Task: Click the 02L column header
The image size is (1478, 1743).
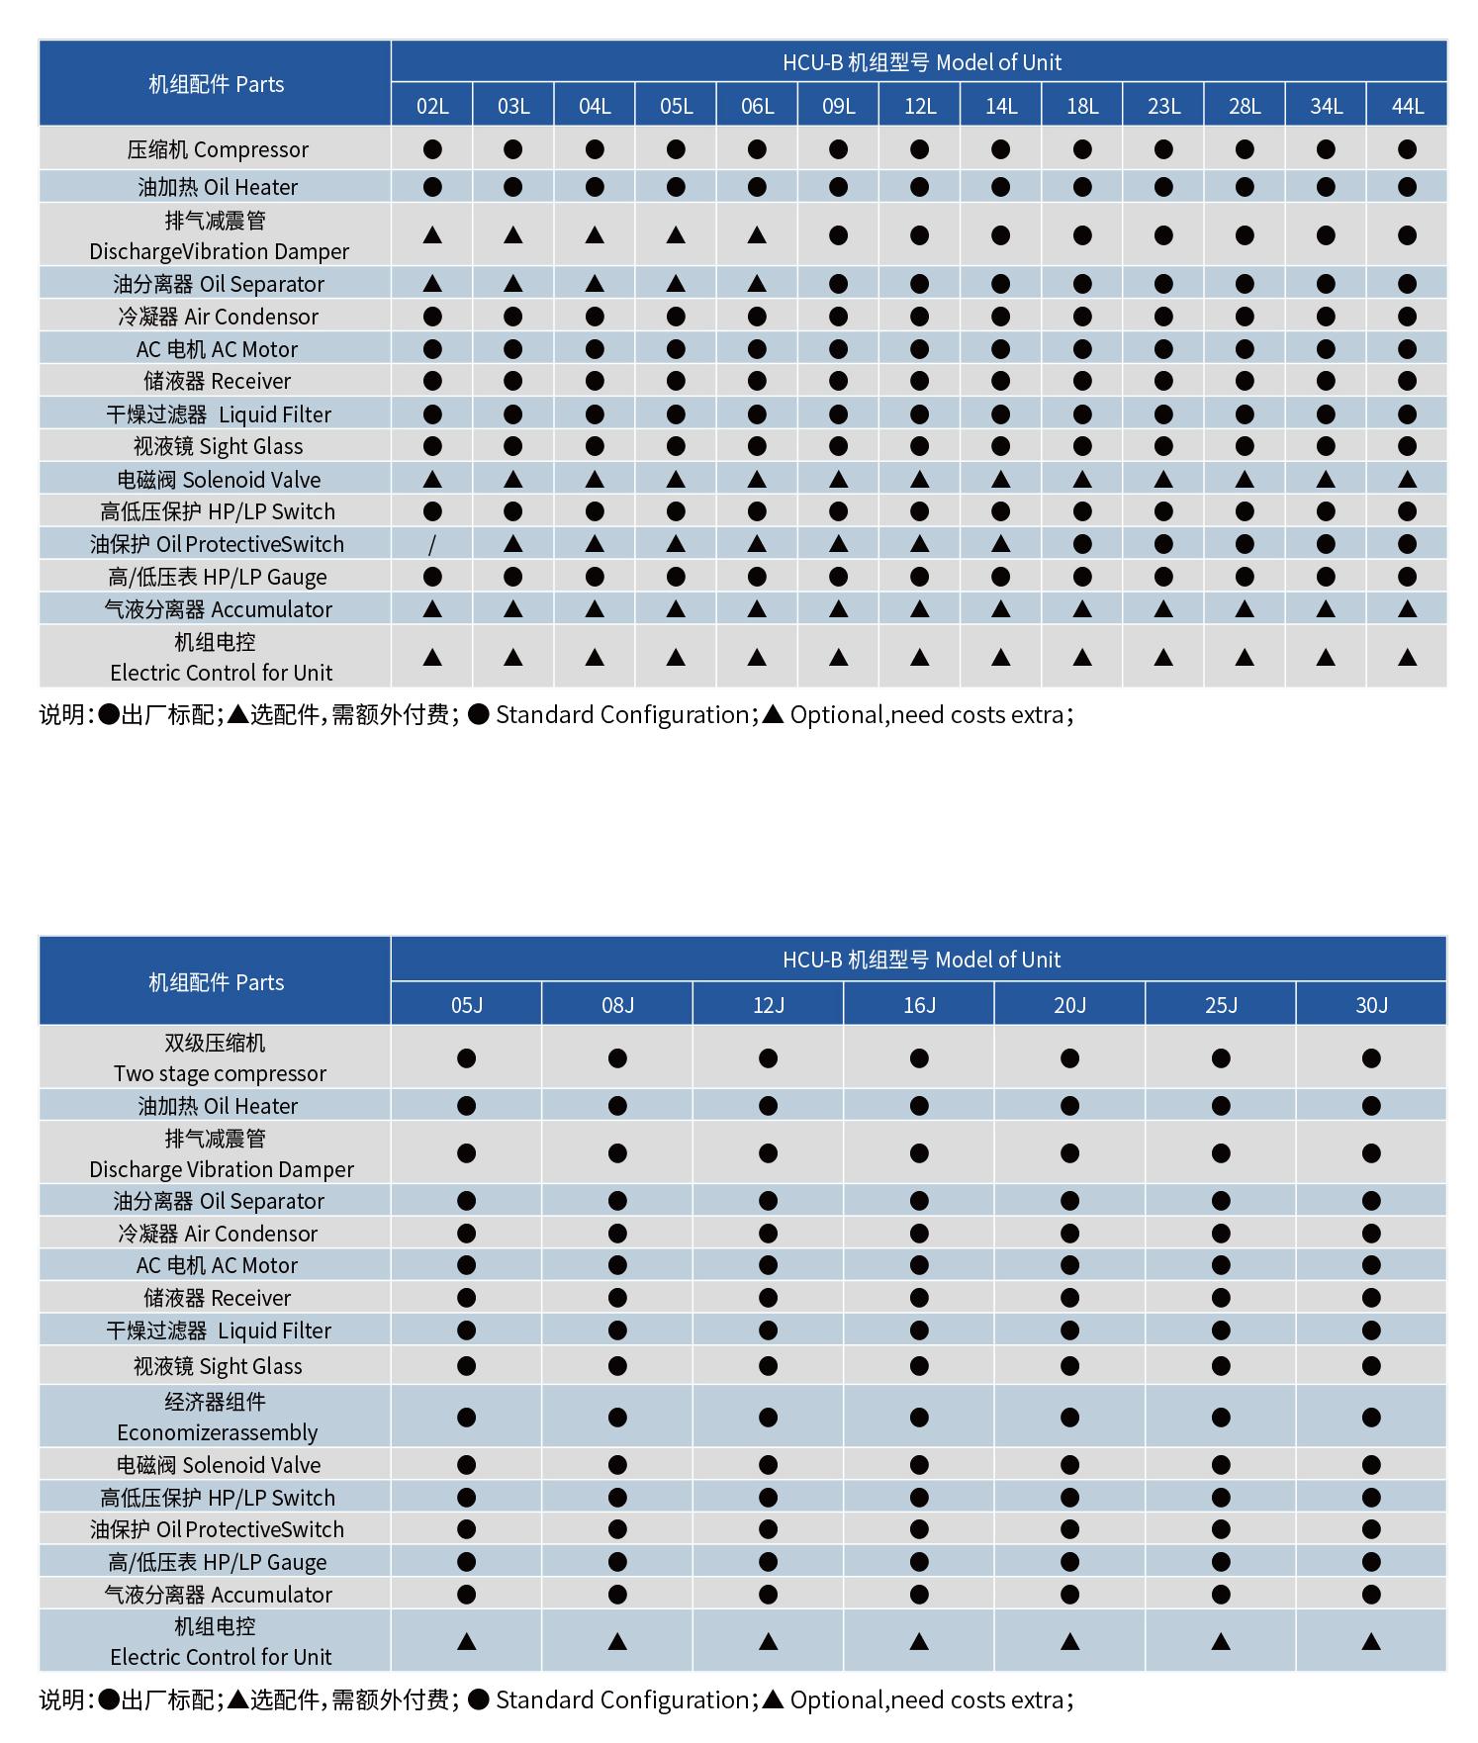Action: [x=432, y=106]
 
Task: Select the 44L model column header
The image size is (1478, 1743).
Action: [x=1407, y=106]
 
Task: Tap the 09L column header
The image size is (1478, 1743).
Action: [x=838, y=106]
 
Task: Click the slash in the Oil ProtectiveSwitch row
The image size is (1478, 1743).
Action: [x=432, y=544]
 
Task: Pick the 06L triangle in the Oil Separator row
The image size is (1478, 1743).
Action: [x=757, y=284]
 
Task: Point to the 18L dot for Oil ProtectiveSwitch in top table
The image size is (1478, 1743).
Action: [x=1082, y=544]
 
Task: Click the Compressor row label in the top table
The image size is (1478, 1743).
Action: [x=218, y=149]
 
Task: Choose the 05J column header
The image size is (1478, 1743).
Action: [x=467, y=1005]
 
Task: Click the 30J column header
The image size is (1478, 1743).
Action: [x=1371, y=1005]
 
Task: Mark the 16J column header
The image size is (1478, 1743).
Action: [x=919, y=1005]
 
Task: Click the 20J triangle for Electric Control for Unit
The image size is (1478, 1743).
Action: [x=1069, y=1642]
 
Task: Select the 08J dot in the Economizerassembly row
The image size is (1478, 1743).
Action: [x=617, y=1418]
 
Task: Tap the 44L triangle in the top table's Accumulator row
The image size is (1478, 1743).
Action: [x=1407, y=609]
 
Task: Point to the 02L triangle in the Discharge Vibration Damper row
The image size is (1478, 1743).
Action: [x=432, y=235]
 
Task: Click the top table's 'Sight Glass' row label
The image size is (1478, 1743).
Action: [x=218, y=446]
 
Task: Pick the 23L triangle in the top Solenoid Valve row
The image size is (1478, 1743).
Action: [x=1163, y=480]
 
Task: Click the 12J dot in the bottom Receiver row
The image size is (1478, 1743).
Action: [x=768, y=1298]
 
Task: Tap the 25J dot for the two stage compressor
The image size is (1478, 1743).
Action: [x=1221, y=1058]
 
